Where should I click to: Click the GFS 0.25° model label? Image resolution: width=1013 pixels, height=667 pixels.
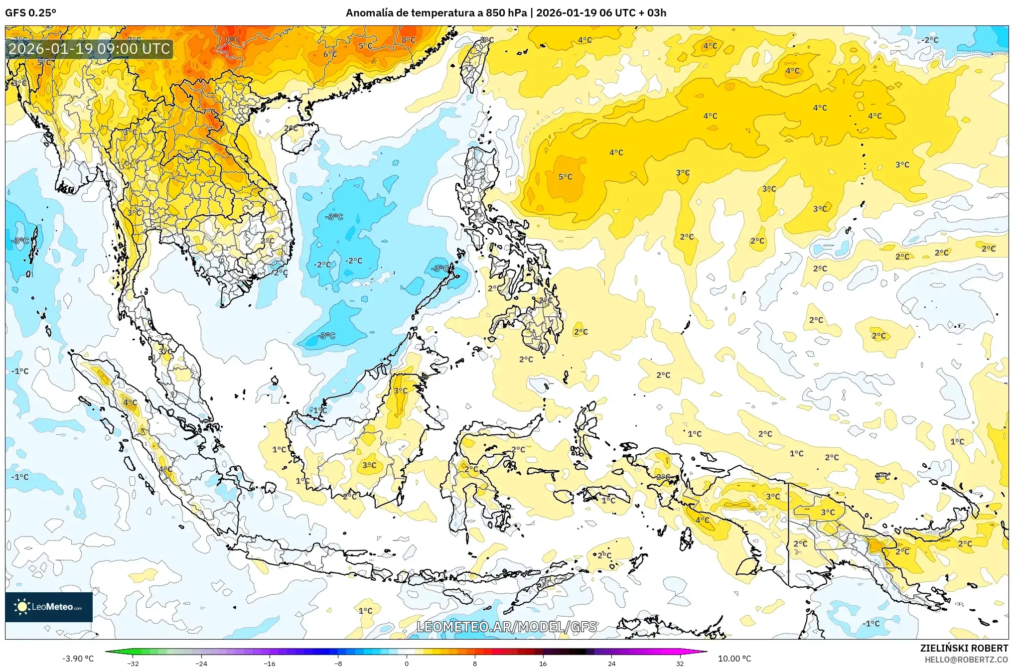click(30, 13)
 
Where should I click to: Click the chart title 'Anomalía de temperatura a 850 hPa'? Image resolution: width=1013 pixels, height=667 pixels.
click(436, 13)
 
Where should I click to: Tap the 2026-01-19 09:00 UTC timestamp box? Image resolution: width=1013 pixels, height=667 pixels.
click(89, 49)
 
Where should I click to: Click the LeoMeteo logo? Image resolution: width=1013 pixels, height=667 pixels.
click(49, 607)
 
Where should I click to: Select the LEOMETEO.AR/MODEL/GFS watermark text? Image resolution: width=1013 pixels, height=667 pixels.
click(506, 627)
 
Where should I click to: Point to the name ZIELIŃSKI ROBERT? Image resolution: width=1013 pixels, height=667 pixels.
click(964, 648)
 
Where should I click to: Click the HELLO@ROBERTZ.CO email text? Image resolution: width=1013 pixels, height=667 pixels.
click(966, 660)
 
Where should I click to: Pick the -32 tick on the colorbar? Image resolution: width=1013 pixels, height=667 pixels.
click(133, 663)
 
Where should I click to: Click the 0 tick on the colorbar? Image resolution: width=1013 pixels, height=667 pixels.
click(407, 663)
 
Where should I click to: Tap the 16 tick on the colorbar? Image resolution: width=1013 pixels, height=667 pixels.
click(543, 663)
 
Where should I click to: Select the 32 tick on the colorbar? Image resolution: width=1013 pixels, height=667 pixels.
click(680, 663)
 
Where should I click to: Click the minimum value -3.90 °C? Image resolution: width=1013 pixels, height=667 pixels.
click(78, 659)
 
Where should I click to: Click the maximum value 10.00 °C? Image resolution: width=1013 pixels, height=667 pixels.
click(734, 659)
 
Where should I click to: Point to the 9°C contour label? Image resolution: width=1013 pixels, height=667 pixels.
click(232, 40)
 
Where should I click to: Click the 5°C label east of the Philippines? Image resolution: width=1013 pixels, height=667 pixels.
click(565, 177)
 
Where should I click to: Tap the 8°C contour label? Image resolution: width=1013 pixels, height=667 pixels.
click(409, 40)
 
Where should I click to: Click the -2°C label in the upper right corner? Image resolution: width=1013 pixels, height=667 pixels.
click(929, 40)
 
